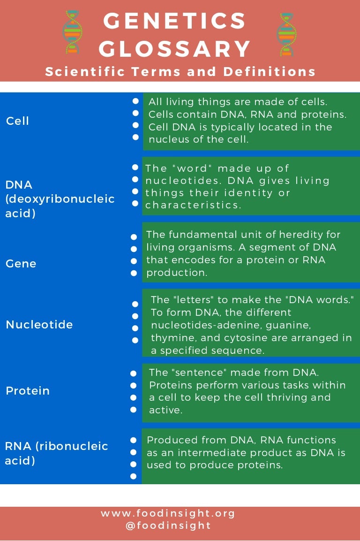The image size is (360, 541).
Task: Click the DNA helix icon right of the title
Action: pos(286,35)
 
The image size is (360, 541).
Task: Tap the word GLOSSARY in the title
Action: pos(175,49)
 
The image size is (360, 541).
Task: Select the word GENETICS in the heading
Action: pos(175,21)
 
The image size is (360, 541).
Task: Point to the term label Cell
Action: pos(18,121)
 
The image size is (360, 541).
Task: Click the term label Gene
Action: pos(21,264)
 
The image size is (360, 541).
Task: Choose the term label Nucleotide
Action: pos(39,325)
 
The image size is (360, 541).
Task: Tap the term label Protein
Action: pos(28,391)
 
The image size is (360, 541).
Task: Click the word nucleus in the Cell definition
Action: pos(167,139)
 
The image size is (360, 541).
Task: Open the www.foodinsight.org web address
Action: pos(168,513)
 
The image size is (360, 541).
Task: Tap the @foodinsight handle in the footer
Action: pos(168,526)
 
